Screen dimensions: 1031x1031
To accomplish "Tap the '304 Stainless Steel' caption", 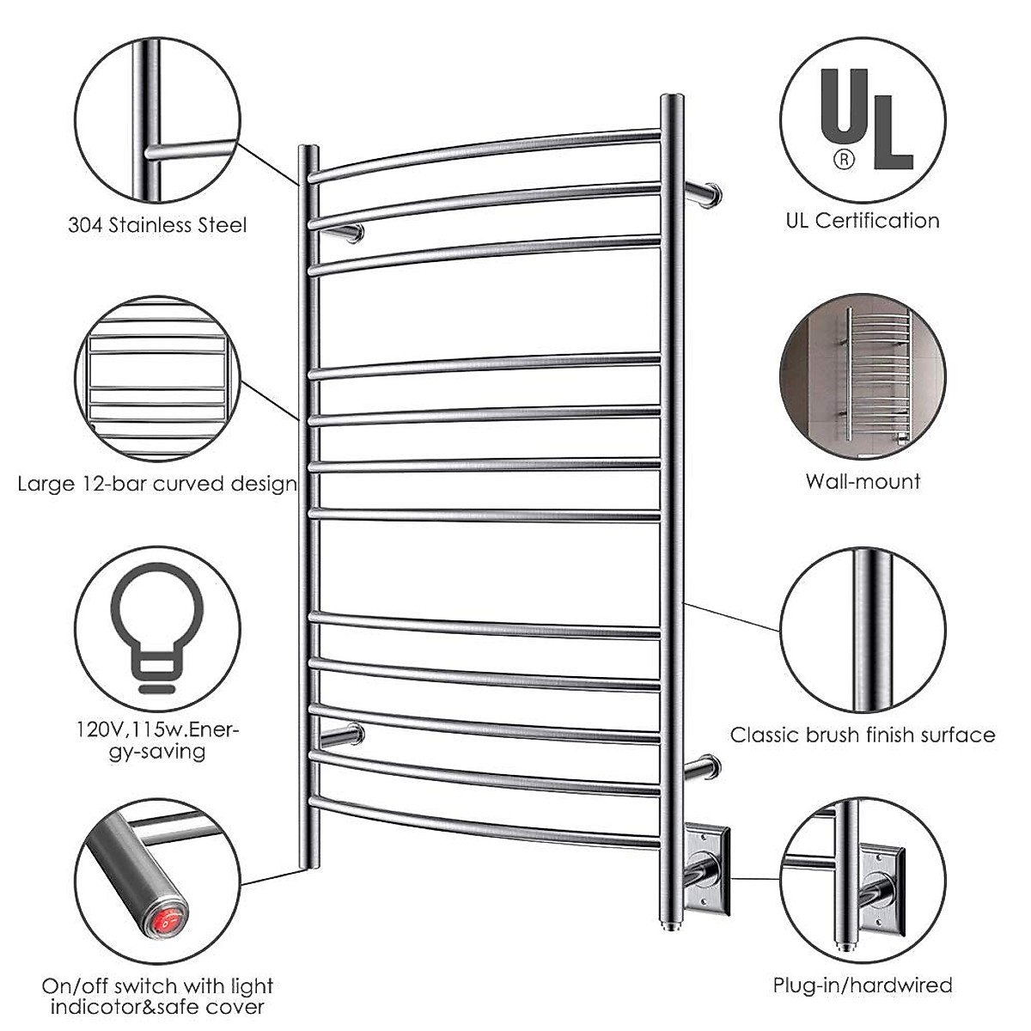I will point(157,225).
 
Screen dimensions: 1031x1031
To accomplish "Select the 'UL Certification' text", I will point(863,221).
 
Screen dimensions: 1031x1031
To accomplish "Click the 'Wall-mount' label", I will point(863,481).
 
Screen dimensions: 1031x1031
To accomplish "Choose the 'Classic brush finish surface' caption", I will point(863,735).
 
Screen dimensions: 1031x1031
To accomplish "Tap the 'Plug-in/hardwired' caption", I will point(863,985).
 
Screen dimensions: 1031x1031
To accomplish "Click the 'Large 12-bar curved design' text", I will point(157,484).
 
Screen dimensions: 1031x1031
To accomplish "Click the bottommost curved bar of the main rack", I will point(485,821).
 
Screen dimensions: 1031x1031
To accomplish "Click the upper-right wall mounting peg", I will point(705,192).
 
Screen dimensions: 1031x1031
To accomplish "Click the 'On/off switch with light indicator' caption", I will point(157,995).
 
